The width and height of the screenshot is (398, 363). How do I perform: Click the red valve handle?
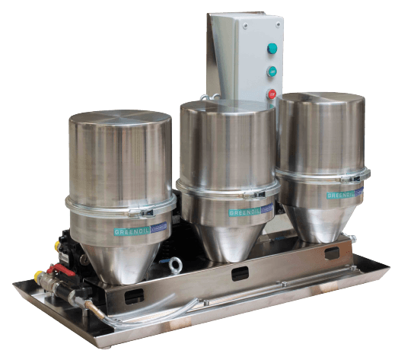pyautogui.click(x=54, y=268)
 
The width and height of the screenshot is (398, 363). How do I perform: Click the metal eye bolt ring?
pyautogui.click(x=176, y=263)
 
